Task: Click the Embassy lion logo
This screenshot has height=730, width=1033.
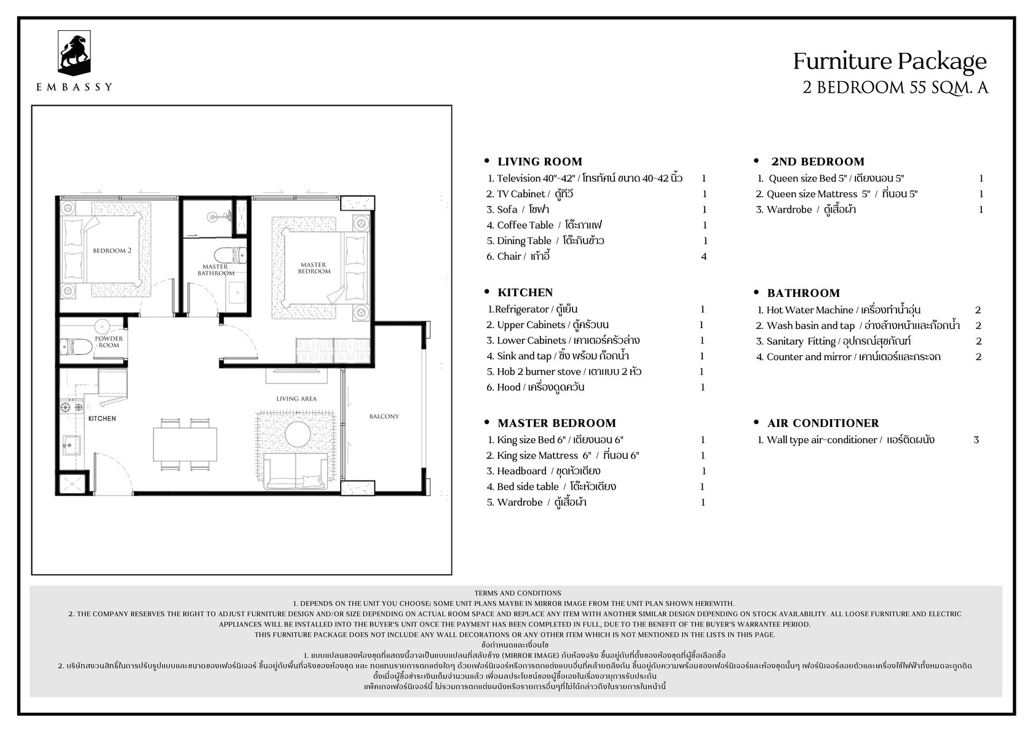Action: (74, 53)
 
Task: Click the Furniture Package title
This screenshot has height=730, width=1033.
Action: (890, 61)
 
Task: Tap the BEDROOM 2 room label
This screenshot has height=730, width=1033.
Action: (112, 251)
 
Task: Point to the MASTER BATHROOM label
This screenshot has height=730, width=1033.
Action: (216, 270)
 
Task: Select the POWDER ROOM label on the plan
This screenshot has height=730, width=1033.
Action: (109, 342)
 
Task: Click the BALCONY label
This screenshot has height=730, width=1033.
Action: (384, 416)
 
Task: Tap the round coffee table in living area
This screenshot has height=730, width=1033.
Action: (298, 434)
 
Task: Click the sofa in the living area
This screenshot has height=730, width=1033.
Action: (296, 471)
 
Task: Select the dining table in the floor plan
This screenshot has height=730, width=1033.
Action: (185, 444)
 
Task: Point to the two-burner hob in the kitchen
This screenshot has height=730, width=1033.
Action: (71, 407)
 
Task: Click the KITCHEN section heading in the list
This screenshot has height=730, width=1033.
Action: (525, 292)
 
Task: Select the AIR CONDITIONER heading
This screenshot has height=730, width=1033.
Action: (823, 423)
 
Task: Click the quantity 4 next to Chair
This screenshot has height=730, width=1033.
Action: (703, 256)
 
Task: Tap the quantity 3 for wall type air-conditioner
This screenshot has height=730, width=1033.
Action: (976, 440)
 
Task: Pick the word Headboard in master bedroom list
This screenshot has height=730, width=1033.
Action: (521, 471)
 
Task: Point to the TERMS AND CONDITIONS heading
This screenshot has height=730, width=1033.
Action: (518, 593)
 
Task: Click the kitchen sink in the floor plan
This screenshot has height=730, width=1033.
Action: (71, 445)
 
